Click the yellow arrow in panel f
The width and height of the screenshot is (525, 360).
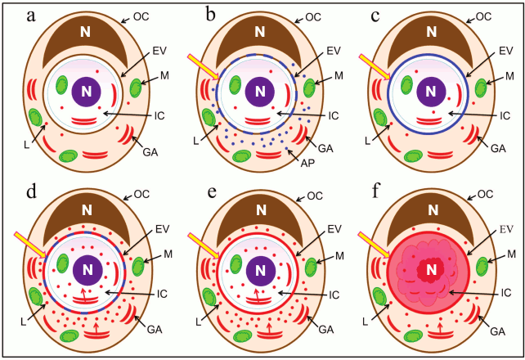pos(375,246)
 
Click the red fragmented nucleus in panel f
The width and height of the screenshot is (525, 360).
pos(429,269)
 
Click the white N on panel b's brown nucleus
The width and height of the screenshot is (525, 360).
pos(259,32)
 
